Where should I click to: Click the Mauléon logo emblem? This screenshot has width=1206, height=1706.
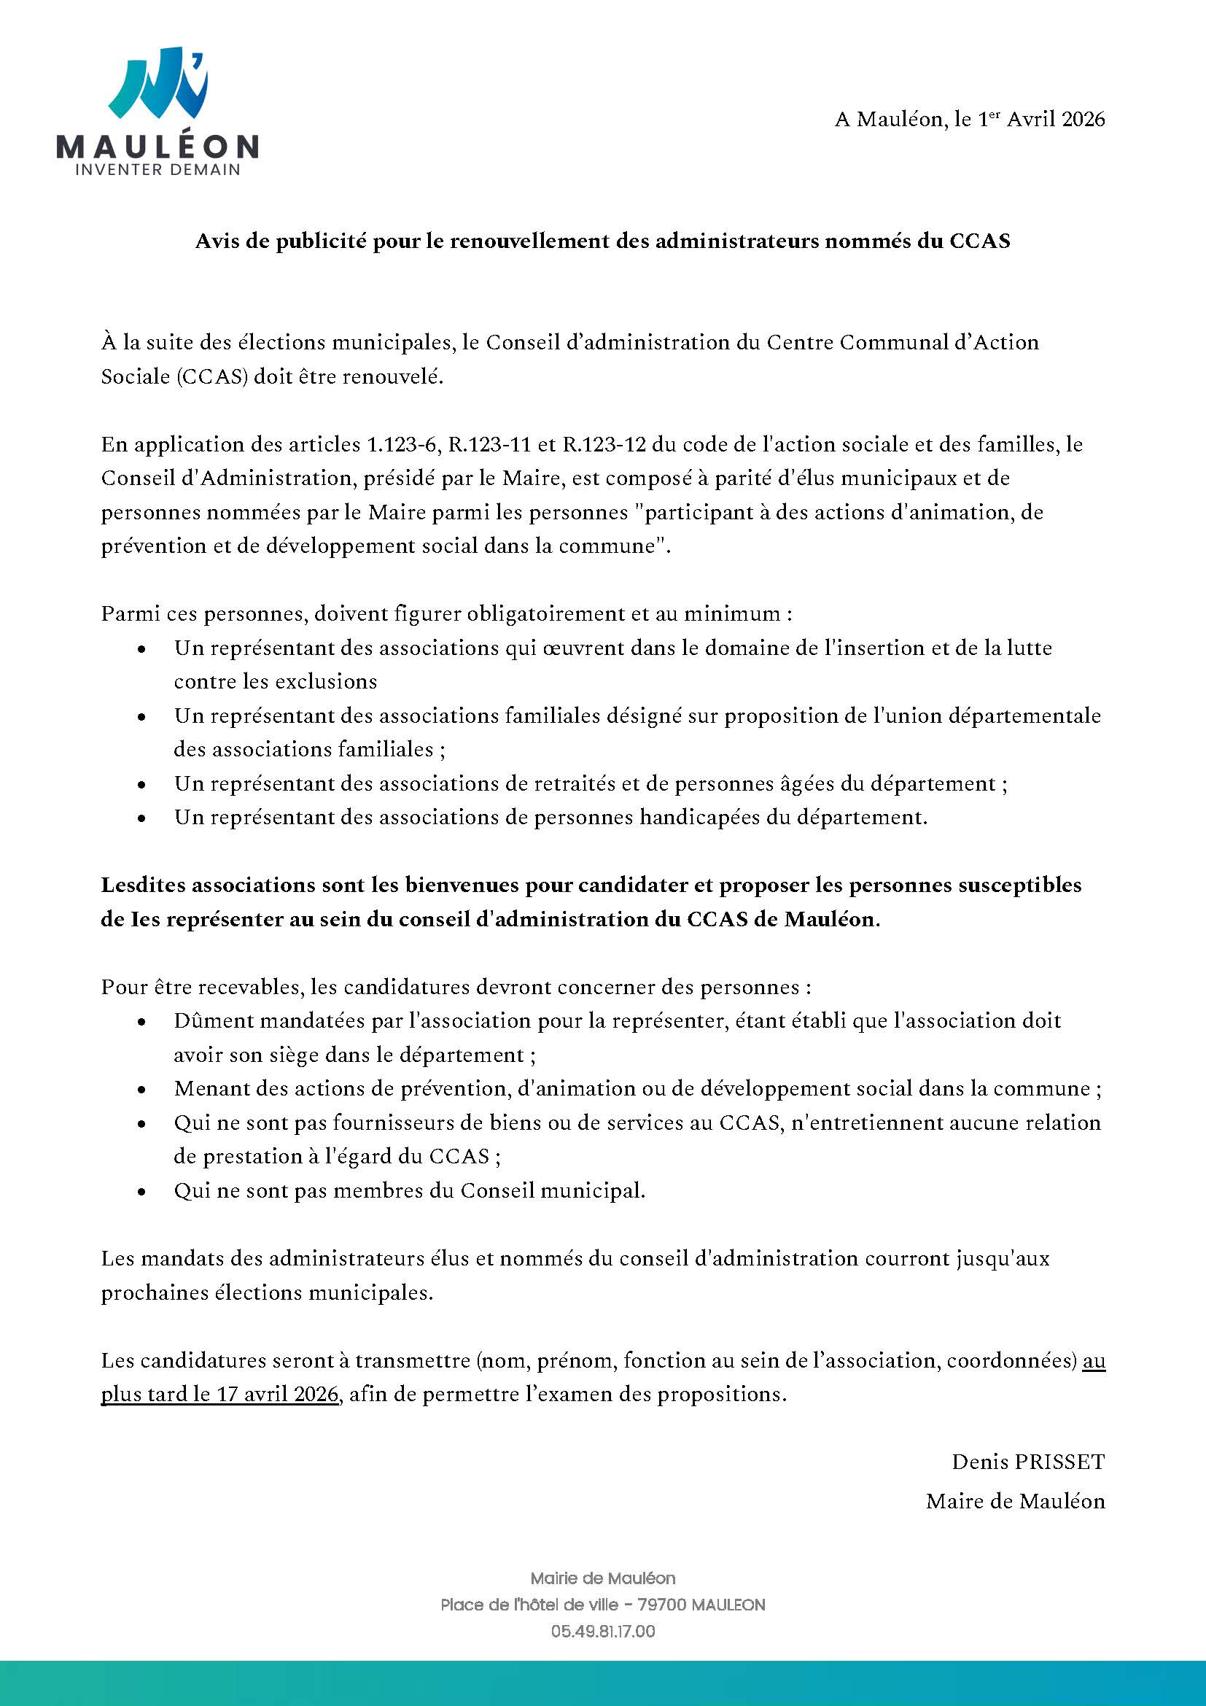point(157,83)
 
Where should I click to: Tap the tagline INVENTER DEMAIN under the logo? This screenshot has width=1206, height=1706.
point(158,169)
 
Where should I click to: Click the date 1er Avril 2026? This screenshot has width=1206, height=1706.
point(1040,120)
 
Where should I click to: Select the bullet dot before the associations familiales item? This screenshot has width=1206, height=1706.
point(141,717)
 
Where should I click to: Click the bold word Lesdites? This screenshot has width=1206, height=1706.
point(146,885)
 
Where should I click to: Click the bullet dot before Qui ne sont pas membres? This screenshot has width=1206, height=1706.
point(141,1192)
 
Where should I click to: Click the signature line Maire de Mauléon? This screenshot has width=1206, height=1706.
point(1014,1501)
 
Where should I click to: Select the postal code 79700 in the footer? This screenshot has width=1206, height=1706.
point(661,1605)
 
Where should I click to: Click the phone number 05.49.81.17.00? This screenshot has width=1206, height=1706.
point(603,1632)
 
